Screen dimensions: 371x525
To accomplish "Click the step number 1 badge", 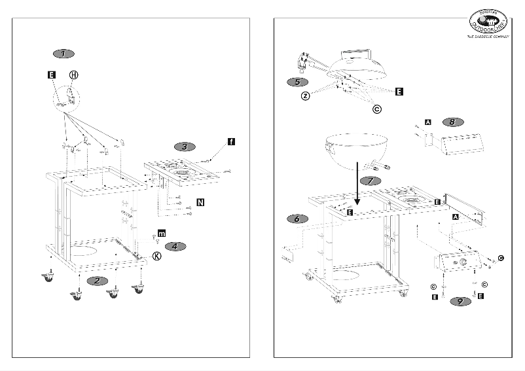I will point(63,52).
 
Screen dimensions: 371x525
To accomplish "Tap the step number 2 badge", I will point(98,280).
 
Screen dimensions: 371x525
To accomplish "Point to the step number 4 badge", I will point(175,246).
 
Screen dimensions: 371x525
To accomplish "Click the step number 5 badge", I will point(298,82).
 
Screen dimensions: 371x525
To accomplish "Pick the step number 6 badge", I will point(297,219).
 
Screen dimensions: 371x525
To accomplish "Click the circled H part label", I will point(73,75).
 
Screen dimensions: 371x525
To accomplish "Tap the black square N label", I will point(200,202).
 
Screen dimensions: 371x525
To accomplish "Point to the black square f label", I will point(231,141).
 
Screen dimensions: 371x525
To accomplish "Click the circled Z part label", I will point(305,96).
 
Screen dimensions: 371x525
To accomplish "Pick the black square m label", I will point(162,234).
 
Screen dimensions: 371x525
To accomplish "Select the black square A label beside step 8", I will point(428,122).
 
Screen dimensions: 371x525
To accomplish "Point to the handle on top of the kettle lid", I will point(356,51).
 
